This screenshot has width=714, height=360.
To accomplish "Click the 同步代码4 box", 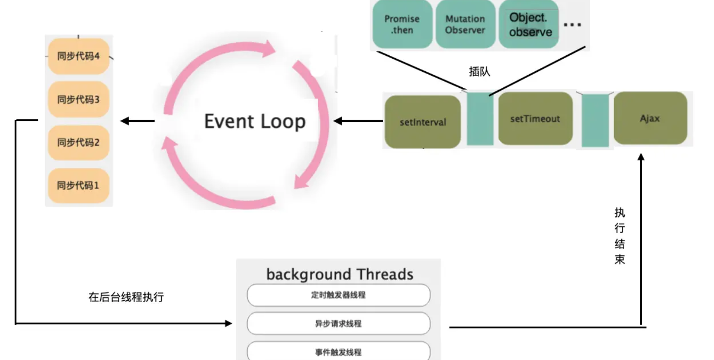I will (79, 56).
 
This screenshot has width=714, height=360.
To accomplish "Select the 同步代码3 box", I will (79, 99).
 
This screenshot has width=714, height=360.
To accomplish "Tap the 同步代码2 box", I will (79, 143).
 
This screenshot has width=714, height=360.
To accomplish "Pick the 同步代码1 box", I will (79, 185).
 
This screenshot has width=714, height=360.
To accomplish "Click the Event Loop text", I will (255, 121).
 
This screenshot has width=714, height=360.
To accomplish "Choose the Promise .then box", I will (402, 24).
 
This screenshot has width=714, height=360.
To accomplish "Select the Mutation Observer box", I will (465, 24).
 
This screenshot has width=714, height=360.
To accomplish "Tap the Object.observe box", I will (530, 24).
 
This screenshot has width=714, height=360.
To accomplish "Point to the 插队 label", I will (479, 72).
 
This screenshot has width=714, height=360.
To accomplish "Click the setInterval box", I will (422, 122).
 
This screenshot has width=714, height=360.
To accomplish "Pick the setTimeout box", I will (535, 119).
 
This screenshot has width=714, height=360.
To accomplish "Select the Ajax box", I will (650, 118).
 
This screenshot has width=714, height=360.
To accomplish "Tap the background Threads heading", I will (340, 274).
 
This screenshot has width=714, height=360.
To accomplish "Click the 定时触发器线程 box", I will (338, 295).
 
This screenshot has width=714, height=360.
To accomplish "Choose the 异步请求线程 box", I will (338, 323).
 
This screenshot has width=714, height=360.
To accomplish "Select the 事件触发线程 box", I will (338, 351).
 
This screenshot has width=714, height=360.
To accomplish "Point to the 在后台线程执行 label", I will (126, 297).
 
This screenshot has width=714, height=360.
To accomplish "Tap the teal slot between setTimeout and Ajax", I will (595, 120).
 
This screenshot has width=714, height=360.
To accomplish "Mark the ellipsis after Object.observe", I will (573, 24).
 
